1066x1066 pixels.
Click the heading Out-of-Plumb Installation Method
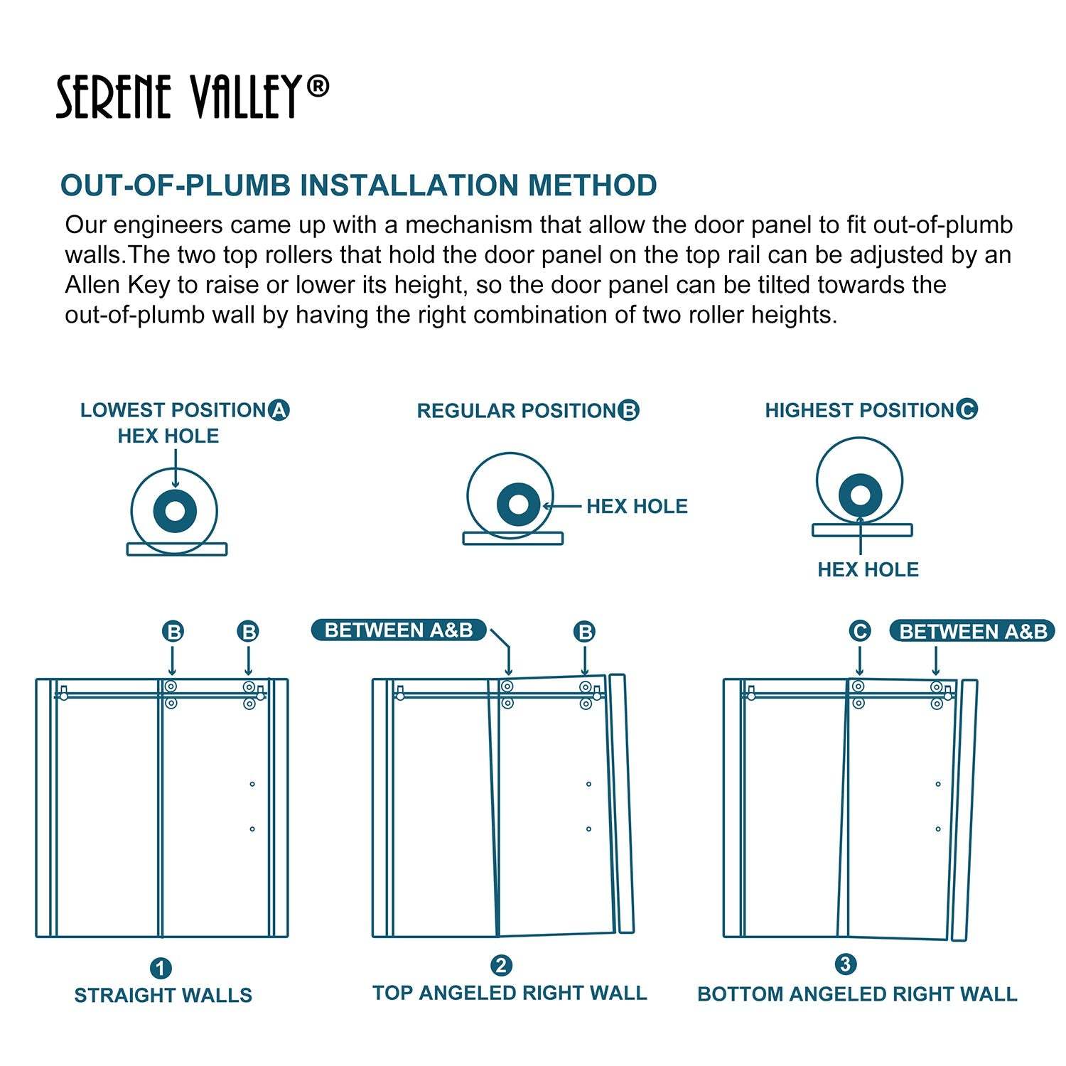click(358, 185)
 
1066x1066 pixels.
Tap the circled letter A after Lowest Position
click(279, 410)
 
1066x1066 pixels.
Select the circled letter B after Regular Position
click(628, 411)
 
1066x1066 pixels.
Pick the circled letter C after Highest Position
click(967, 409)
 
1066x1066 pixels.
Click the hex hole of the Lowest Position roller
click(174, 511)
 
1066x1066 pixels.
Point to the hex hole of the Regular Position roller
click(519, 505)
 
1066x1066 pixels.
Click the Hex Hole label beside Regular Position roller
click(637, 507)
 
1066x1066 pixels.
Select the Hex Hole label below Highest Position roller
click(868, 569)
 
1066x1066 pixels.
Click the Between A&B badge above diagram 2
click(399, 630)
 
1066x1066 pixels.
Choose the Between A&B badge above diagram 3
click(973, 632)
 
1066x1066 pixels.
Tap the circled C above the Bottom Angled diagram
click(860, 631)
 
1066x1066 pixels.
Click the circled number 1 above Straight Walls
click(161, 968)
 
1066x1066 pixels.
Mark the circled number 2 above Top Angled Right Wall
click(501, 966)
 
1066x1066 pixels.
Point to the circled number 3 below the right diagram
click(845, 964)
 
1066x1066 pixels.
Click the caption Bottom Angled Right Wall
click(857, 994)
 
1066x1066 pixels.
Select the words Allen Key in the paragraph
click(117, 285)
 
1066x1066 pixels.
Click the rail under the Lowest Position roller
click(177, 549)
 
